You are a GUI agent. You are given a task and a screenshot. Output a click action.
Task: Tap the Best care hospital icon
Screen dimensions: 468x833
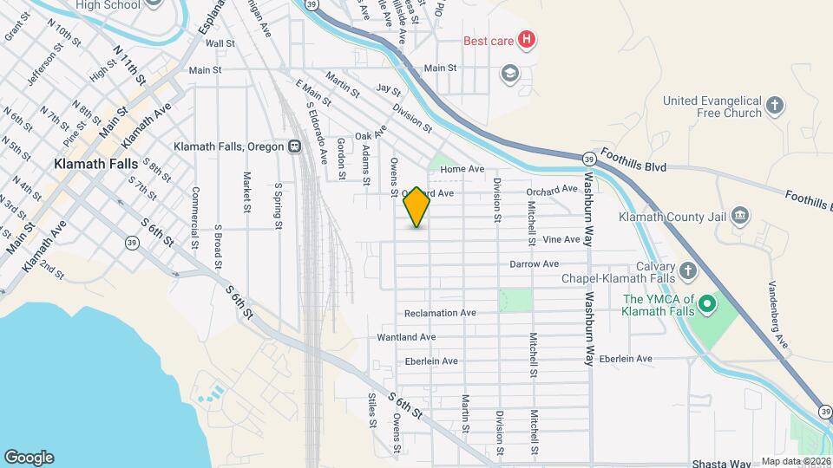point(526,39)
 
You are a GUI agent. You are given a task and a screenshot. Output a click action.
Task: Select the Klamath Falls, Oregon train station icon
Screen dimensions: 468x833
point(295,146)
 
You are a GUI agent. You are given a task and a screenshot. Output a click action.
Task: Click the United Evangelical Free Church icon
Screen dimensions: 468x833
point(776,107)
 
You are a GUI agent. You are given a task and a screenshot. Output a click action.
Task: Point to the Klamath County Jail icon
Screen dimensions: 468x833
point(739,215)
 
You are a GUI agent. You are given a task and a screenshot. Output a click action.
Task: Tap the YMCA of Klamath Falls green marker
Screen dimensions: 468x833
point(707,304)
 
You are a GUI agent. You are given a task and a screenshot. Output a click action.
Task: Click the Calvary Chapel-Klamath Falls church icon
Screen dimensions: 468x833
point(687,271)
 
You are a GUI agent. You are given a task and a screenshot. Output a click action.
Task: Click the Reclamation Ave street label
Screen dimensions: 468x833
point(441,313)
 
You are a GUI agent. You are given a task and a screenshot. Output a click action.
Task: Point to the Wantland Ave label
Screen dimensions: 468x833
point(406,337)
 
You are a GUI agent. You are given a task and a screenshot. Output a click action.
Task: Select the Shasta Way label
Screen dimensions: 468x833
point(721,464)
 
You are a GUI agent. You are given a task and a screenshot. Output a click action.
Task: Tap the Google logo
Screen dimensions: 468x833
point(29,458)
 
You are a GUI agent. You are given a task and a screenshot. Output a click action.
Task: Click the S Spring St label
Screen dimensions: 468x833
point(278,206)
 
